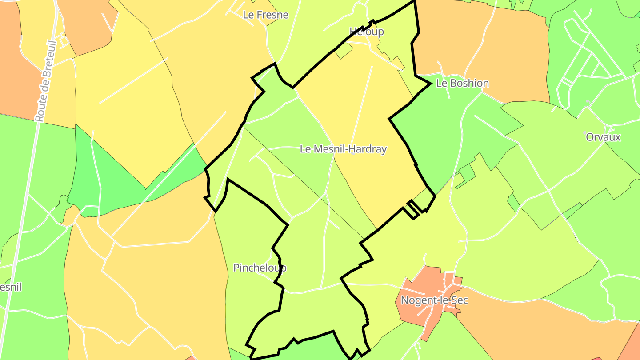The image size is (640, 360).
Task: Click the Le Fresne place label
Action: (x=265, y=15)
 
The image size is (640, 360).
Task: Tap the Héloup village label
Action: (x=366, y=32)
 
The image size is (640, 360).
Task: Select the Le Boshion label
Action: (x=462, y=83)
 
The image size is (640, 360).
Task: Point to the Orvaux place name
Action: (x=603, y=137)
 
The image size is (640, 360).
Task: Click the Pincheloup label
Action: (x=260, y=268)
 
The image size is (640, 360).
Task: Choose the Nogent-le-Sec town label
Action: (x=434, y=300)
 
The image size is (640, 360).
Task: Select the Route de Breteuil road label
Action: (x=46, y=81)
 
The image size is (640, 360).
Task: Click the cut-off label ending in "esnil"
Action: (x=10, y=287)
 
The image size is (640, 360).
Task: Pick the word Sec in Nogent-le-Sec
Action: (x=460, y=300)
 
